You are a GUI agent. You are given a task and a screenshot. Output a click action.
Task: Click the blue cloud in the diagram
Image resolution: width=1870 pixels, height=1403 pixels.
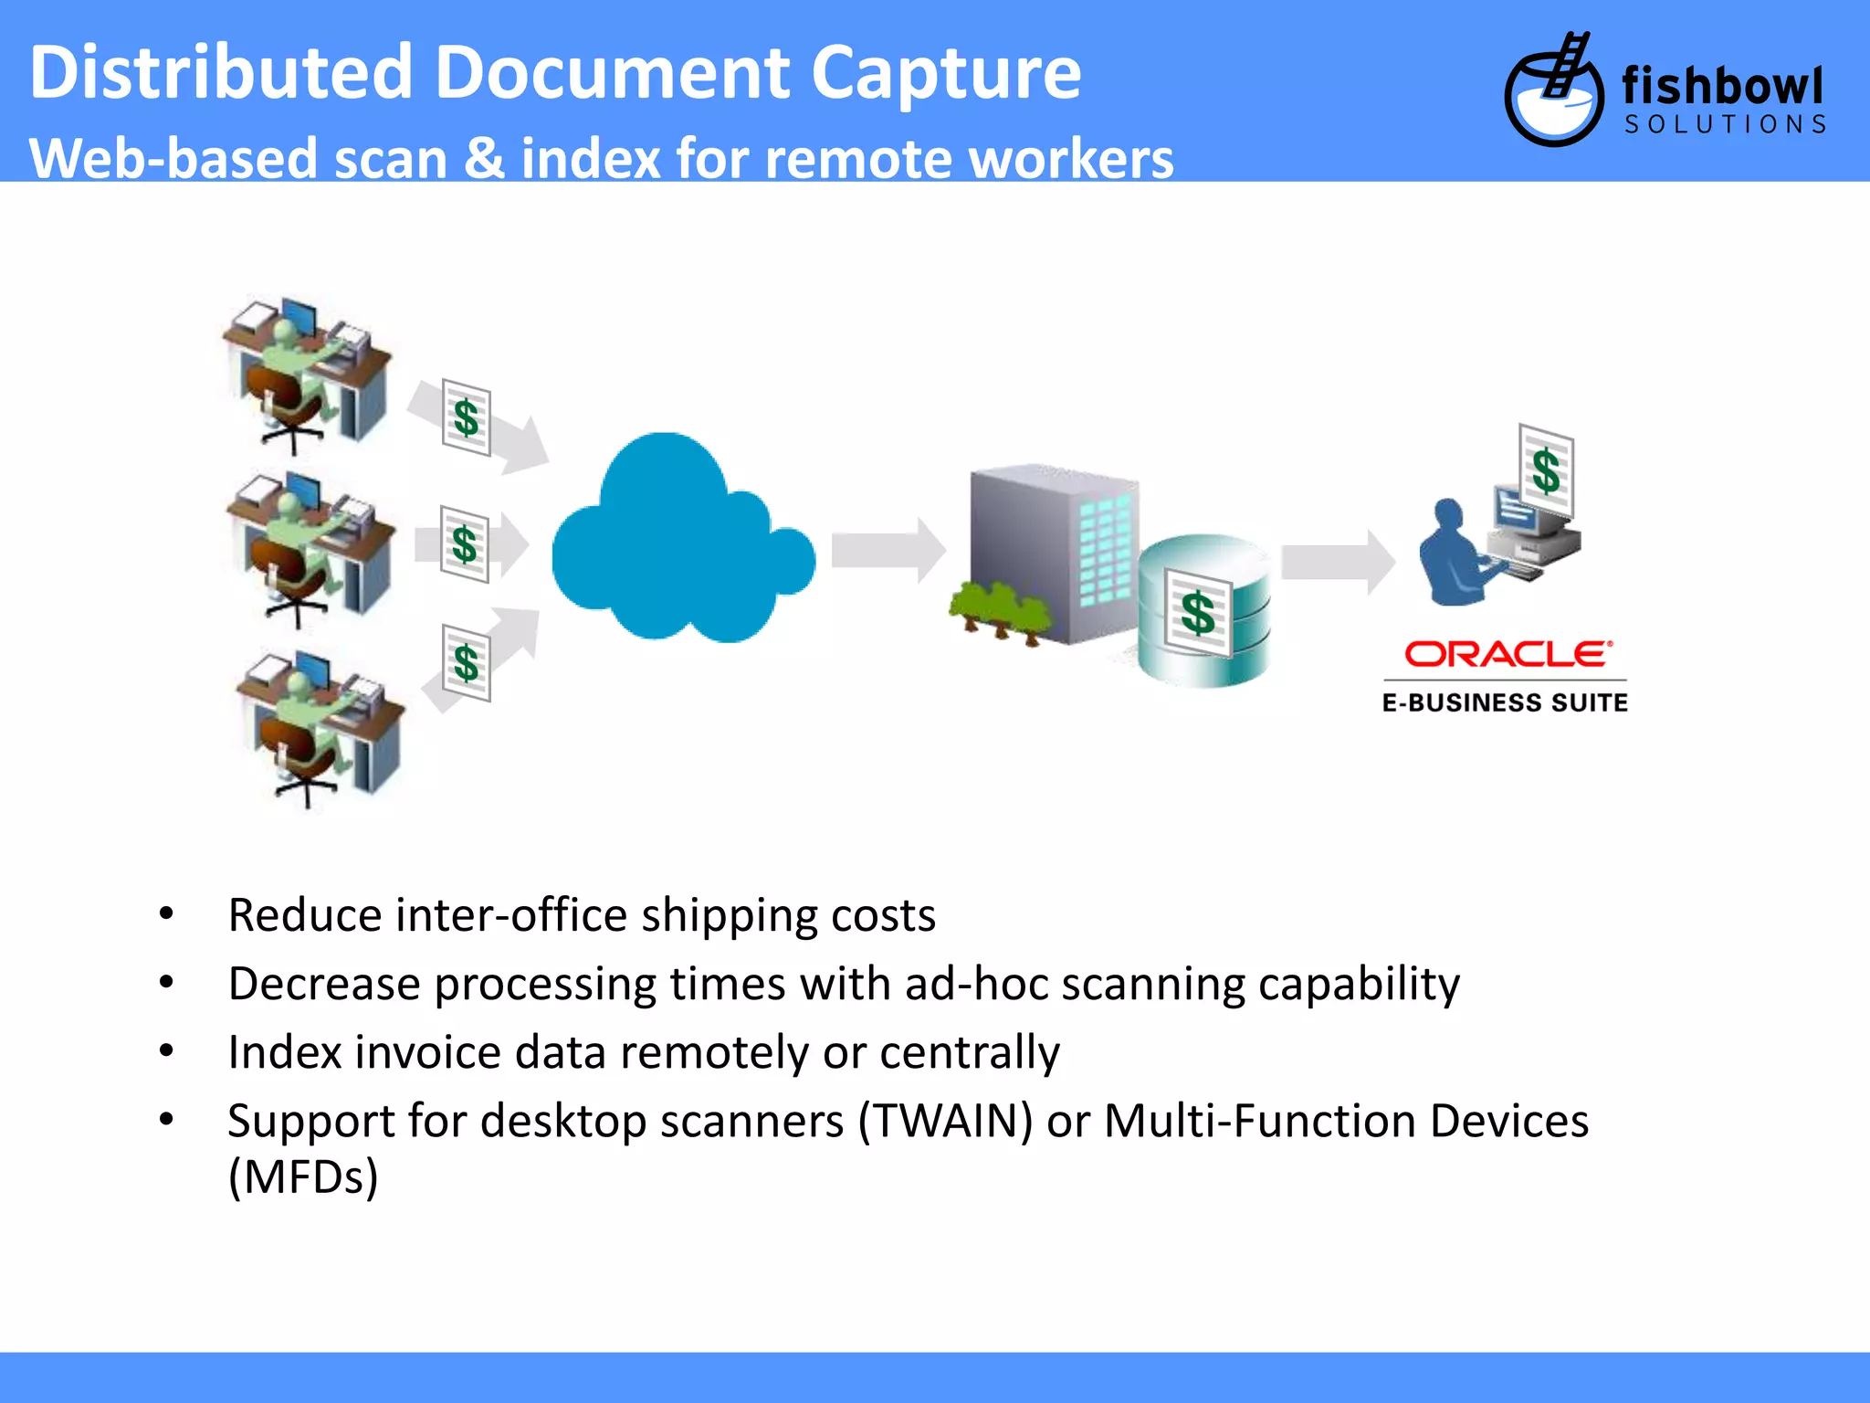680,543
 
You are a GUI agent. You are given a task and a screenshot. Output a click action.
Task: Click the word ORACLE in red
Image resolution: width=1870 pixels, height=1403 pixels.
1507,654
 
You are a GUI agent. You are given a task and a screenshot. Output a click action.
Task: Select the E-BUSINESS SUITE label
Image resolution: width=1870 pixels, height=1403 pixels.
1505,702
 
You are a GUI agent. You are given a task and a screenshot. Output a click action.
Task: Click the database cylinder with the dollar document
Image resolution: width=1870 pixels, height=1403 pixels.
1203,612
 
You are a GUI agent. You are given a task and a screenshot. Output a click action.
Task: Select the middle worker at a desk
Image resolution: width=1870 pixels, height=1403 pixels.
310,548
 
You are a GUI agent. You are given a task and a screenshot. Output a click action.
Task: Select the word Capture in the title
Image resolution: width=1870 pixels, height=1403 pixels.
945,73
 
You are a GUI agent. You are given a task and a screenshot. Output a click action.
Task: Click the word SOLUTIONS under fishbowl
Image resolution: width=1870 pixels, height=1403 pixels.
1725,125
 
